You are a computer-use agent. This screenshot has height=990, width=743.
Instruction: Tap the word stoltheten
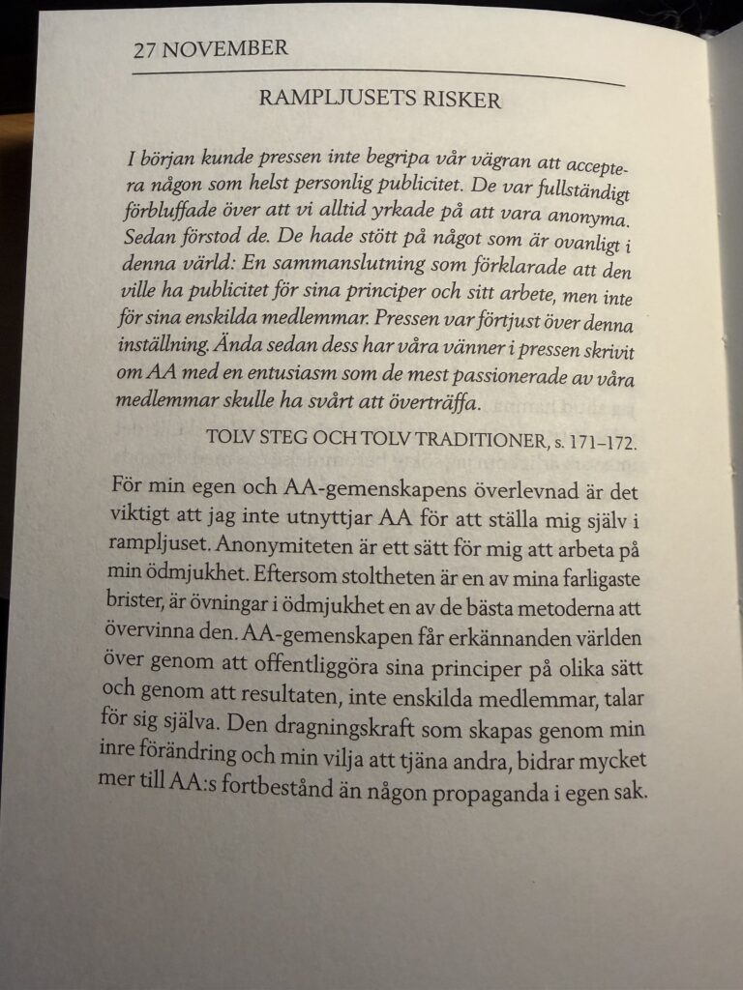pos(388,572)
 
